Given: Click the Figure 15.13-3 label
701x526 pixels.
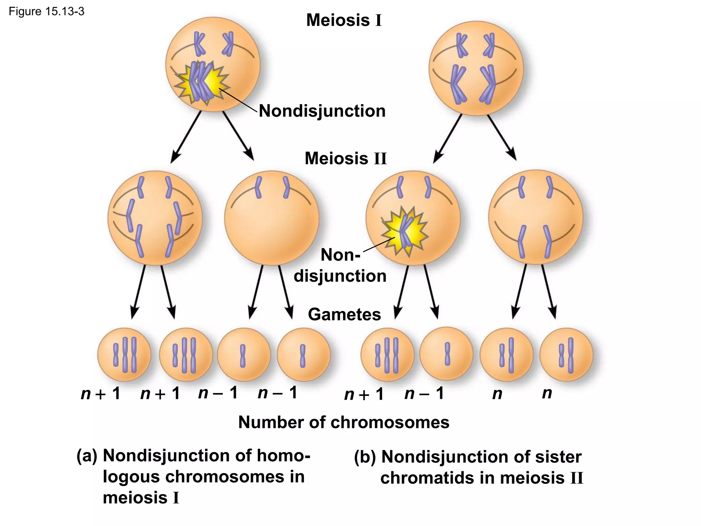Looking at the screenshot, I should pyautogui.click(x=46, y=12).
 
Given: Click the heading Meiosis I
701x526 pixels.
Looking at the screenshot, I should pyautogui.click(x=344, y=20).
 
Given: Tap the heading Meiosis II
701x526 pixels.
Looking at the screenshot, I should pyautogui.click(x=346, y=159).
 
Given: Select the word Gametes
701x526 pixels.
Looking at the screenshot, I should pyautogui.click(x=344, y=314).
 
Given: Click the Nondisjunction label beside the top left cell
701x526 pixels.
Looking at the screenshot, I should pyautogui.click(x=322, y=111).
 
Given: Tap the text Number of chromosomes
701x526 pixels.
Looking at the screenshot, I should pyautogui.click(x=344, y=422).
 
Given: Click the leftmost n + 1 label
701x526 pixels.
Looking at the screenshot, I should pyautogui.click(x=100, y=394).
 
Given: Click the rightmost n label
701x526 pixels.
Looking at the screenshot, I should pyautogui.click(x=547, y=393).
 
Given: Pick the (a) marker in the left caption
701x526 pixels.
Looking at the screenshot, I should pyautogui.click(x=87, y=456).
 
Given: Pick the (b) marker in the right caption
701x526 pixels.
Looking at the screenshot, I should pyautogui.click(x=365, y=457).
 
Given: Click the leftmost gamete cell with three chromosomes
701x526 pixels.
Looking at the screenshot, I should pyautogui.click(x=124, y=355).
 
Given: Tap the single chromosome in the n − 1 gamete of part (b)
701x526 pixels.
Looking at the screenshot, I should pyautogui.click(x=447, y=354).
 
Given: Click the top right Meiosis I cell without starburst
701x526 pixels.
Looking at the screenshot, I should pyautogui.click(x=476, y=68).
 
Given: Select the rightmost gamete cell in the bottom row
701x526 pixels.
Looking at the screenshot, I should pyautogui.click(x=566, y=355).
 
